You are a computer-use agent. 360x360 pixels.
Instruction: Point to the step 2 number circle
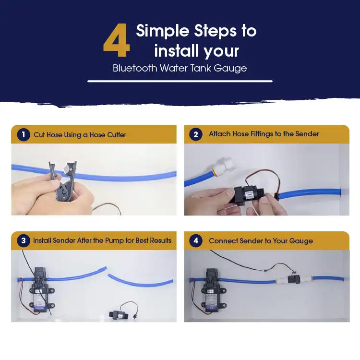tap(195, 134)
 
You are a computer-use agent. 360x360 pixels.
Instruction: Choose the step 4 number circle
tap(195, 240)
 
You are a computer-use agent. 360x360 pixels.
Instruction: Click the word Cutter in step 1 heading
tap(117, 135)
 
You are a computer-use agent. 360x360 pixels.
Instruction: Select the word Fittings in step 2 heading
tap(263, 134)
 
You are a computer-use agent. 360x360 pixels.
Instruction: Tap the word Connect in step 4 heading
tap(224, 241)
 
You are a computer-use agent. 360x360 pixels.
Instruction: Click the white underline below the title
tap(180, 81)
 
